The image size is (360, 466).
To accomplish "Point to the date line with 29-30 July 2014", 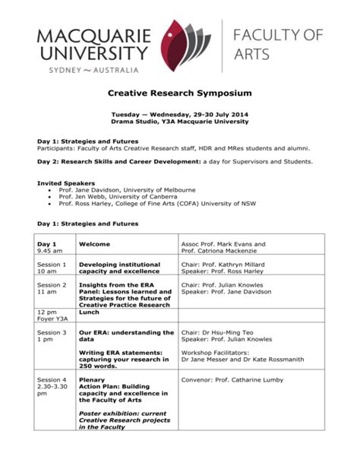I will (179, 114).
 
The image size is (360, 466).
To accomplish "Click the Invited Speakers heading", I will (66, 183).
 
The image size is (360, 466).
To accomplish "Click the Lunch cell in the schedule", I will (90, 312).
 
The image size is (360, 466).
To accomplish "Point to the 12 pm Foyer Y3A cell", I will (53, 315).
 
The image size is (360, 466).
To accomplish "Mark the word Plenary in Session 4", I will (93, 379).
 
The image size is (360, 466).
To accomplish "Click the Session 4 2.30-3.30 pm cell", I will (53, 386).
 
